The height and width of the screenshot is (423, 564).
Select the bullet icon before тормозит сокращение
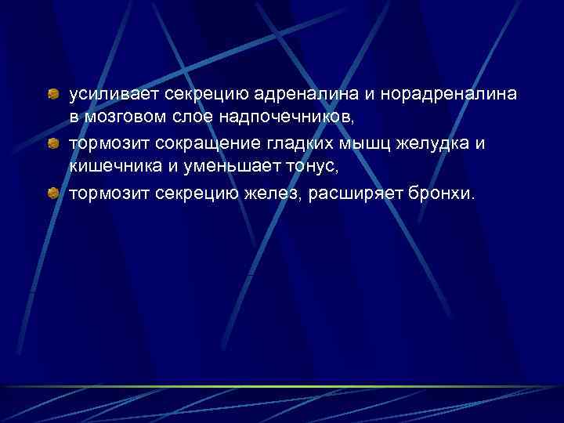coord(52,144)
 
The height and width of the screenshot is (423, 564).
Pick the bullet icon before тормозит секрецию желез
coord(52,192)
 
